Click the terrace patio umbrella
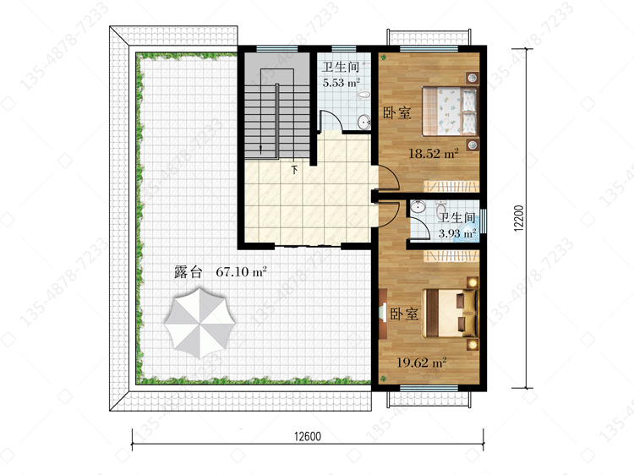point(199,323)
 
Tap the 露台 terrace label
point(188,271)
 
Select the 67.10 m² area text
point(242,271)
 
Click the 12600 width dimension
point(308,436)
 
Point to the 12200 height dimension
point(519,218)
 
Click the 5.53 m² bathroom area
point(342,83)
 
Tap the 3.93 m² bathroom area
point(457,233)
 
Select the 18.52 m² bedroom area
point(434,154)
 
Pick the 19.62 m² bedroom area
point(421,363)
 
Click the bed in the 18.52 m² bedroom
point(450,111)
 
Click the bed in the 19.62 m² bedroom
point(450,313)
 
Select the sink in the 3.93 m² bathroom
point(418,207)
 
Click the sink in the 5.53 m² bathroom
point(364,122)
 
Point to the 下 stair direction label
point(295,169)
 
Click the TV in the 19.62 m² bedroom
point(383,313)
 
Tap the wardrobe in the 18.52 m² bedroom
point(451,186)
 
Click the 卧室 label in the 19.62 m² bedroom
point(404,314)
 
